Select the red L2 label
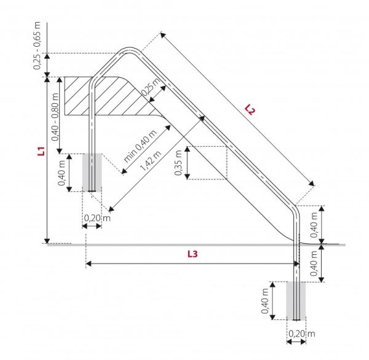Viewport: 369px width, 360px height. (x=249, y=110)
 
